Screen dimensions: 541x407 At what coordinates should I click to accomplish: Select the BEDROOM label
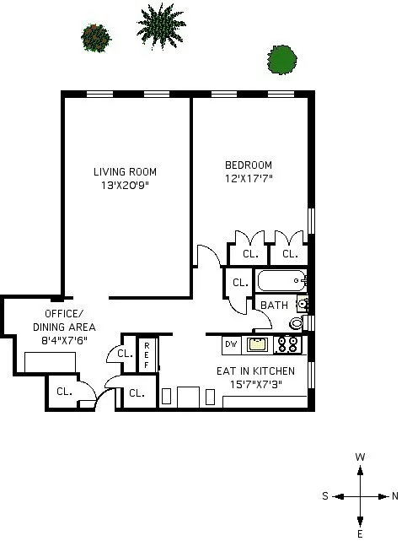pos(248,165)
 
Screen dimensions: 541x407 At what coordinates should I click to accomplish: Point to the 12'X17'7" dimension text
pos(248,178)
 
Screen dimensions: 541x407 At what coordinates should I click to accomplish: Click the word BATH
pos(274,306)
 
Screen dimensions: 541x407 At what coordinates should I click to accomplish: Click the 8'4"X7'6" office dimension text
pos(64,340)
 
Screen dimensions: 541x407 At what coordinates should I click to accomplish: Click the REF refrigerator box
pos(147,354)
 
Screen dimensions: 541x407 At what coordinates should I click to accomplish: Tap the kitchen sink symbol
pos(258,344)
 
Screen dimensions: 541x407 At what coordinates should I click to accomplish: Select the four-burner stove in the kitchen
pos(288,344)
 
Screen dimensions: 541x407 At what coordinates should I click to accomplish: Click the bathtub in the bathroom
pos(281,280)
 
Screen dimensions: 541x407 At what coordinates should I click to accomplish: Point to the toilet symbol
pos(297,323)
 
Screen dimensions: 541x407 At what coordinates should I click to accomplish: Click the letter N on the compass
pos(395,496)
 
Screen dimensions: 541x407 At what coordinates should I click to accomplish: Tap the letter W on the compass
pos(360,457)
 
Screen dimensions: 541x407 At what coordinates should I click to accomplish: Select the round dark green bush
pos(282,58)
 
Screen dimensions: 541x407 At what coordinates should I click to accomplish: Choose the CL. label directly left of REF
pos(125,354)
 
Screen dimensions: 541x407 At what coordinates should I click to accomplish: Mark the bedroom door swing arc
pos(206,253)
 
